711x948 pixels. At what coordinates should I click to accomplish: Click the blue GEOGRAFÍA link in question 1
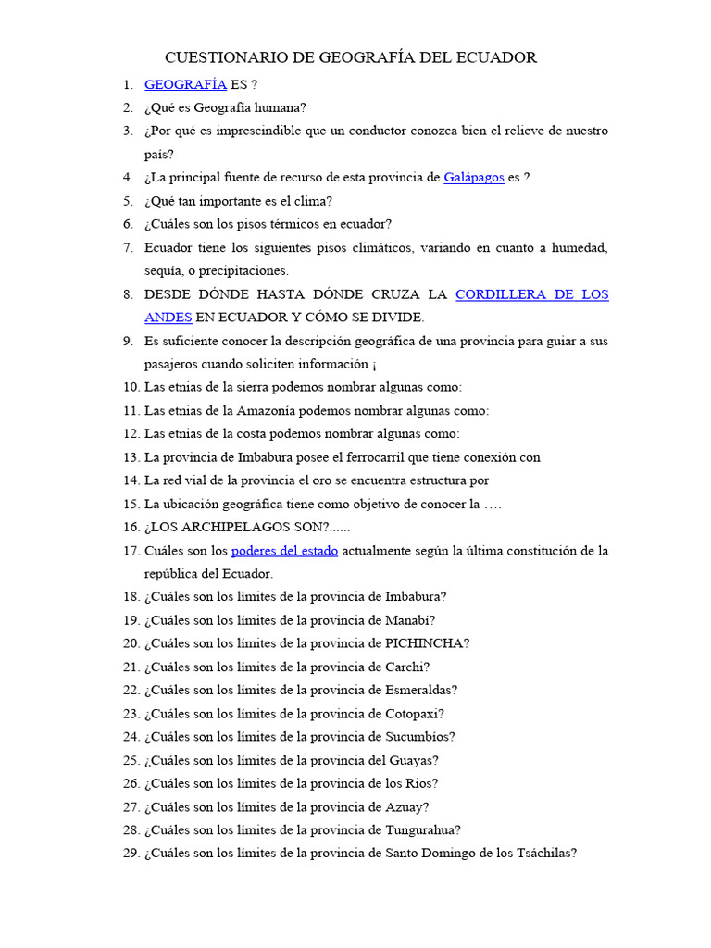coord(185,84)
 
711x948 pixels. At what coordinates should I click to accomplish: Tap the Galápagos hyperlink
coord(474,177)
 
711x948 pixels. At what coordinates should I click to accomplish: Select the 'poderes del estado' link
coord(284,551)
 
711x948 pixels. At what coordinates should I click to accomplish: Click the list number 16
coord(130,527)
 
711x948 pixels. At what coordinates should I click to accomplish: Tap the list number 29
coord(130,854)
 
